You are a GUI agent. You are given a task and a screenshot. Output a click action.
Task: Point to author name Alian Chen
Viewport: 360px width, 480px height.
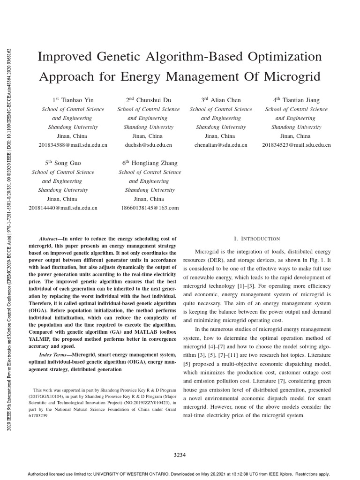tap(227, 100)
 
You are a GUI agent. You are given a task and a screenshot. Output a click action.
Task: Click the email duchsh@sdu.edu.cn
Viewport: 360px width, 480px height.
tap(149, 145)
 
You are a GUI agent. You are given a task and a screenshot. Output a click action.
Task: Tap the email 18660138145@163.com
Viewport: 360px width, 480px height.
tap(150, 208)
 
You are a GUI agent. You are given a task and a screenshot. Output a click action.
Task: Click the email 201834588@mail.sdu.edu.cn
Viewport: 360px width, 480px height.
tap(73, 145)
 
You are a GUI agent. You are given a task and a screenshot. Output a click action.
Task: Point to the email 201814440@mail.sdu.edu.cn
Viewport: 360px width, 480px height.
tap(63, 208)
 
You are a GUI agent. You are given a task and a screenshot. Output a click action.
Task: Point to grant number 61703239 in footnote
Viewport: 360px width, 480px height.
tap(39, 415)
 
